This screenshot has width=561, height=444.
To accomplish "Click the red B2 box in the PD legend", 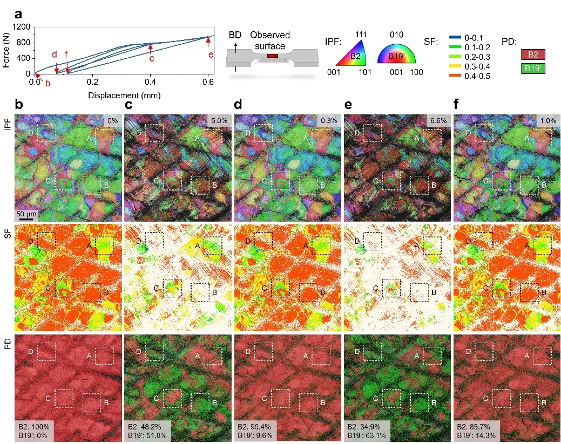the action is coord(533,54).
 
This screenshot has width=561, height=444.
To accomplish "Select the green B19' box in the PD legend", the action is coord(533,68).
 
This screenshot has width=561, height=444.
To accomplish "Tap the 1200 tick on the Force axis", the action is coord(22,27).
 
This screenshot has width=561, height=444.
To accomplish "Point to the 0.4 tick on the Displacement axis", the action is coord(150,82).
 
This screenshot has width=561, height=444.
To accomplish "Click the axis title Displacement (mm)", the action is coord(124,95).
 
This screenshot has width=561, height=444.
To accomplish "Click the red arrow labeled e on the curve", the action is coord(208,42).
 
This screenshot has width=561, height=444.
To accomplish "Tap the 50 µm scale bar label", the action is coord(26,214).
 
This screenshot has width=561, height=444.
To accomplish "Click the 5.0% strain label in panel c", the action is coord(219,120).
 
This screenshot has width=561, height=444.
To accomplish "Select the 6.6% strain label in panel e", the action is coord(438,120).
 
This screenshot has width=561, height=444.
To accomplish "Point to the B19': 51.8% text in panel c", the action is coord(147,435).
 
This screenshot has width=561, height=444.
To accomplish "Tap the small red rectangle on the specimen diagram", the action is coord(272,56).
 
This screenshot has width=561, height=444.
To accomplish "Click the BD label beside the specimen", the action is coord(235,35).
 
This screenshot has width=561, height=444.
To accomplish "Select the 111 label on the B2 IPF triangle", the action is coord(361,35).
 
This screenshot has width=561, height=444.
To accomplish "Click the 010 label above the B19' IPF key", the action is coord(396,35).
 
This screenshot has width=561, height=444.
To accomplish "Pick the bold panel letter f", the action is coord(456,104).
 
